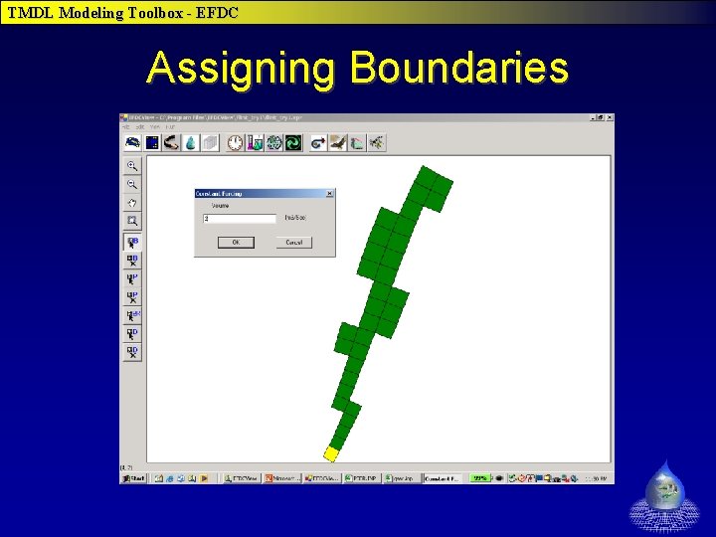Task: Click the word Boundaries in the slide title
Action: click(459, 69)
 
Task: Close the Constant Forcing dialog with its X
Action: click(329, 194)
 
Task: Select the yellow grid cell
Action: click(331, 453)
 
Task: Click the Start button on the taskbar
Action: click(133, 478)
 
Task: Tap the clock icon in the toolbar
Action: click(235, 143)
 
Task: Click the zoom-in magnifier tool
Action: click(131, 166)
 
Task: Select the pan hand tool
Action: click(131, 203)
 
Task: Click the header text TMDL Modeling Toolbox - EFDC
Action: click(123, 13)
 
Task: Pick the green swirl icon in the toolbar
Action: click(293, 143)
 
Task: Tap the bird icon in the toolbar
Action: click(338, 143)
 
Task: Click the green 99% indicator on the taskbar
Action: click(481, 478)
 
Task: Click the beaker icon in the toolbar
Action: click(255, 143)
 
